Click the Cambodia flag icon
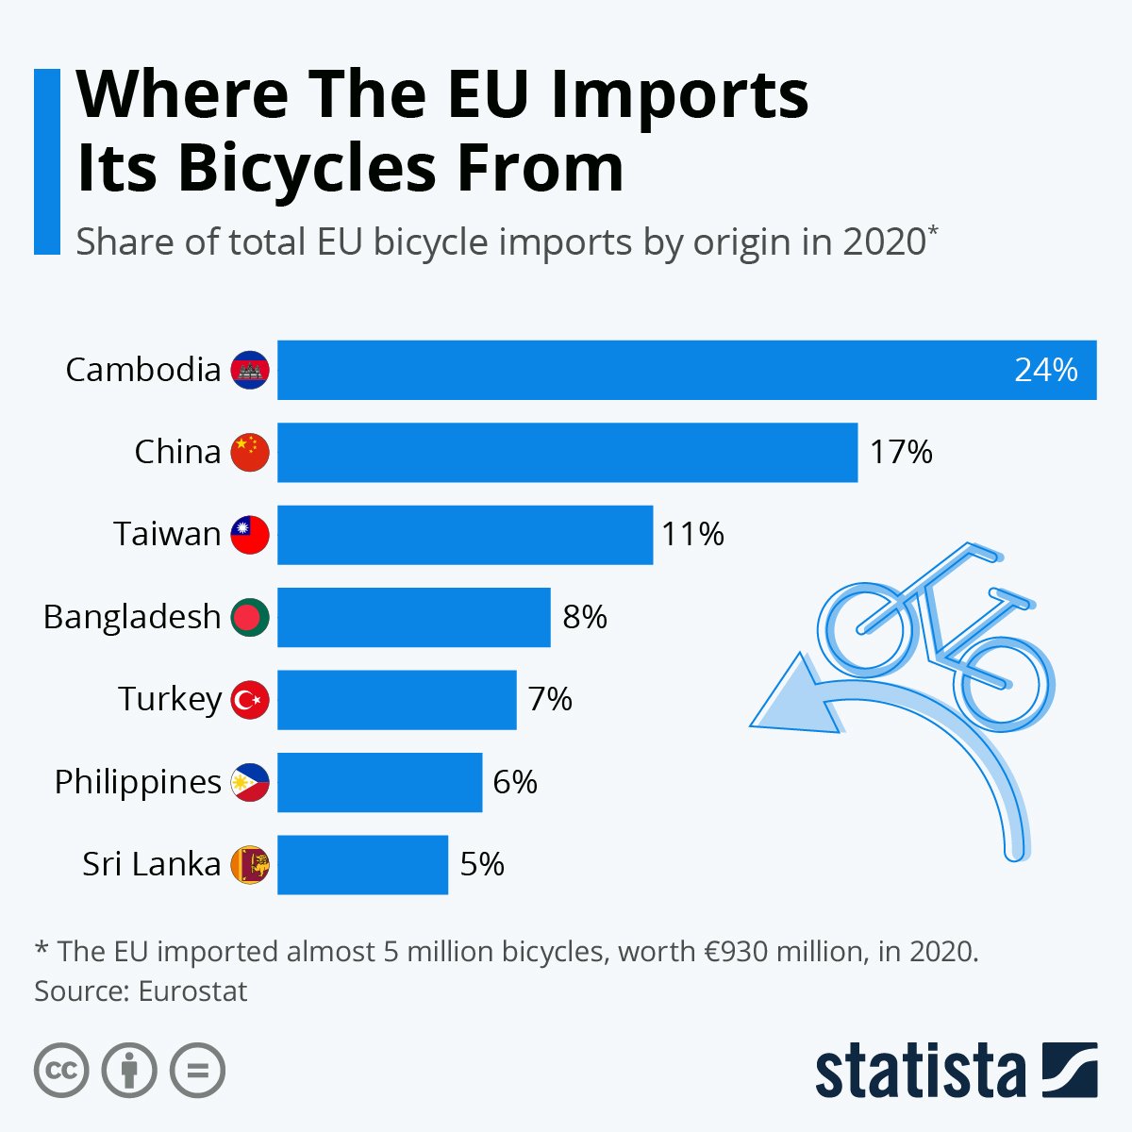point(250,370)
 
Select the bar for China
point(567,452)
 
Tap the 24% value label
point(1045,370)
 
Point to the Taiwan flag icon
point(250,535)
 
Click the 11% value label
point(692,535)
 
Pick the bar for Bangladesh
point(413,617)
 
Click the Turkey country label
point(170,699)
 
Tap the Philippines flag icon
point(250,782)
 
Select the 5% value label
point(482,864)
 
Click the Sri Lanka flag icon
point(250,864)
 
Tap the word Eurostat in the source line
point(192,991)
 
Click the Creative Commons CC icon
point(61,1071)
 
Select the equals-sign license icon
point(197,1071)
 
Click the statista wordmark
point(920,1071)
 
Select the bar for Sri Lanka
point(362,864)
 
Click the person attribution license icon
point(129,1071)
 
